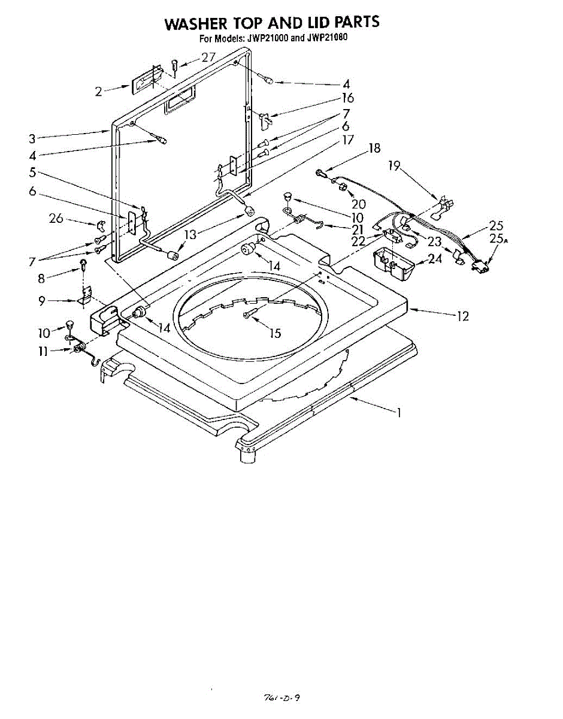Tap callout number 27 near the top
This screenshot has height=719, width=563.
[x=208, y=58]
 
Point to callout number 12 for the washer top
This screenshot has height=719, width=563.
[x=462, y=316]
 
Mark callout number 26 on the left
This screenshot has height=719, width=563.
[x=56, y=219]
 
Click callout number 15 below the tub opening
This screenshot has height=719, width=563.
[x=275, y=334]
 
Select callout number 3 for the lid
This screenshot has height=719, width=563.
[x=32, y=138]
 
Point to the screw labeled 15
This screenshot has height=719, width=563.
[x=247, y=315]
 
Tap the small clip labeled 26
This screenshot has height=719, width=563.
[x=101, y=225]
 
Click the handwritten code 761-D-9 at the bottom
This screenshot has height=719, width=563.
[x=281, y=697]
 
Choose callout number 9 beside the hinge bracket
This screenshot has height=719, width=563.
[x=41, y=301]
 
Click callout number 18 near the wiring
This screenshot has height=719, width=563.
[x=374, y=148]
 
